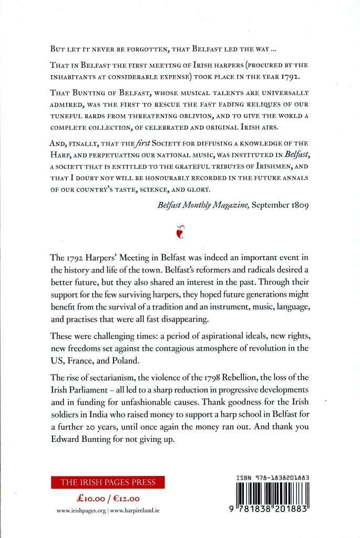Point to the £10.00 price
click(87, 498)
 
